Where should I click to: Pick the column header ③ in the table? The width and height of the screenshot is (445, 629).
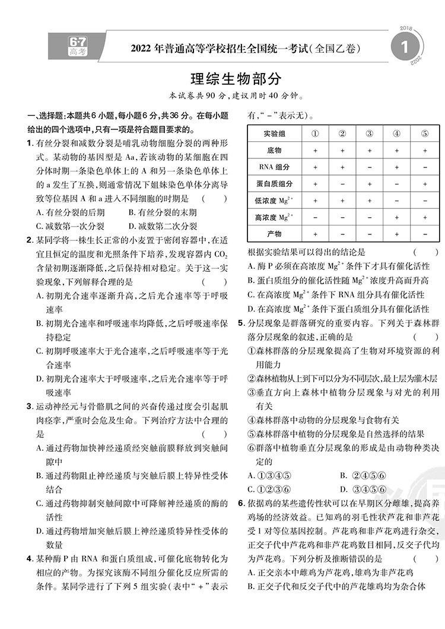[369, 134]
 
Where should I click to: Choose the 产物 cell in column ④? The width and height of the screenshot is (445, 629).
[396, 234]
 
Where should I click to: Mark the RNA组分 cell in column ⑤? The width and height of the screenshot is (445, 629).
[424, 167]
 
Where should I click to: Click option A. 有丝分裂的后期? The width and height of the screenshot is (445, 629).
[71, 212]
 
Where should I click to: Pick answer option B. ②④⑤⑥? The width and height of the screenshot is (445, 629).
[363, 475]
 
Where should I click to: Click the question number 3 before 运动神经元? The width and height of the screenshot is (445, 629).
[30, 406]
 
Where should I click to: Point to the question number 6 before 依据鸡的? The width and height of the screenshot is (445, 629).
[241, 503]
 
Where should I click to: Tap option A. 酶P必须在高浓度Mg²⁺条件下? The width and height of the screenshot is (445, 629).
[338, 266]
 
